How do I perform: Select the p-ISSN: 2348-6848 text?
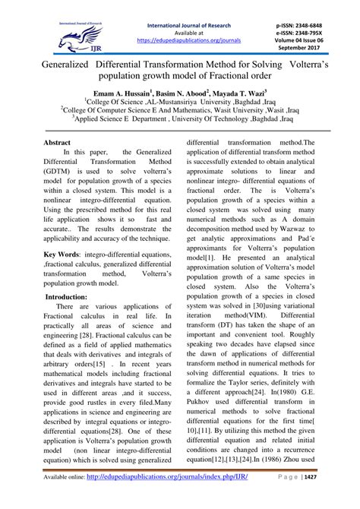[309, 15]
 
